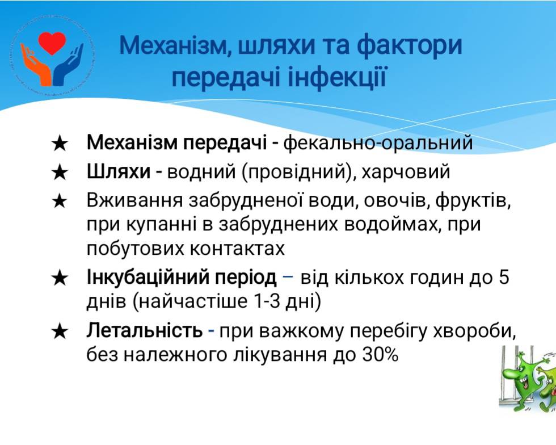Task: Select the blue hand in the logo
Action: click(68, 66)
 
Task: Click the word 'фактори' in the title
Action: click(410, 46)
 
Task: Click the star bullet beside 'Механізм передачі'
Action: click(60, 144)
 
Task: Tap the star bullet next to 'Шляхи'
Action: click(60, 173)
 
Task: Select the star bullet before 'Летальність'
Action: click(60, 332)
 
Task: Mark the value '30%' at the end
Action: click(381, 355)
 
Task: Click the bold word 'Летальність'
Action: click(145, 331)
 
